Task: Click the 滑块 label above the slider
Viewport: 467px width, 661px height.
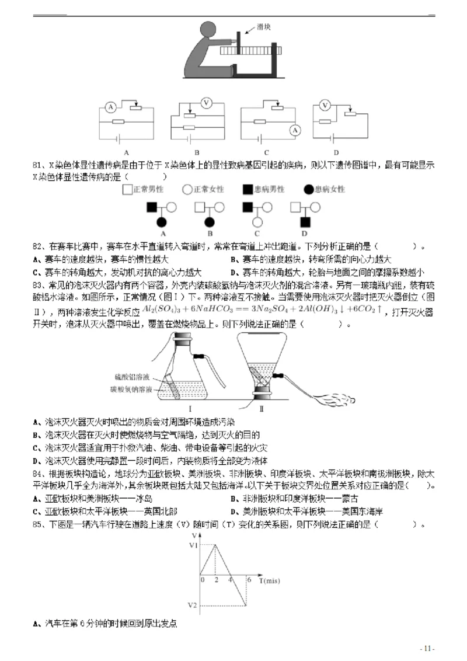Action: point(264,27)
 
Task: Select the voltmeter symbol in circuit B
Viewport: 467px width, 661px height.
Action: point(205,103)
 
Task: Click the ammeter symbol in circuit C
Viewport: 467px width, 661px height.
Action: point(295,130)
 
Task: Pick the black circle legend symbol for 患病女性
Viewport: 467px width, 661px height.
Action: point(308,189)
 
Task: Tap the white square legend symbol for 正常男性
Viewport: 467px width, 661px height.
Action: point(127,189)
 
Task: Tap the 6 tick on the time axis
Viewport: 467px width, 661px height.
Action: point(249,580)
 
